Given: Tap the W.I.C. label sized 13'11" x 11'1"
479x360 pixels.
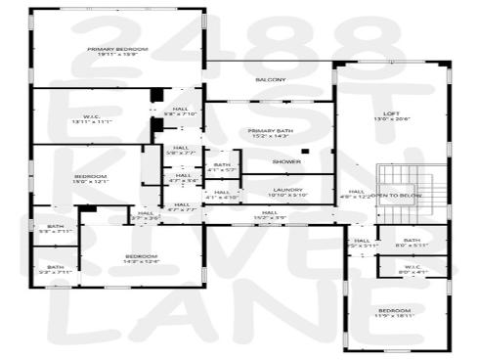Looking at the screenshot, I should pyautogui.click(x=92, y=119).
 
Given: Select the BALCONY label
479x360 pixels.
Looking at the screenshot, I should pyautogui.click(x=270, y=79).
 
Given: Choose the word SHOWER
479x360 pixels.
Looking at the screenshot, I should pyautogui.click(x=286, y=160).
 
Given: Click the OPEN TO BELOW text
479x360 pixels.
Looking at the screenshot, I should pyautogui.click(x=397, y=196).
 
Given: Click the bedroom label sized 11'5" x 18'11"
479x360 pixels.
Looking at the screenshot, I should pyautogui.click(x=396, y=314).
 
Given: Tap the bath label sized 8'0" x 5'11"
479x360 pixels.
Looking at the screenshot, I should pyautogui.click(x=413, y=243).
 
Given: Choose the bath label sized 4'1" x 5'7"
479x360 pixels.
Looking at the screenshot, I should pyautogui.click(x=222, y=168).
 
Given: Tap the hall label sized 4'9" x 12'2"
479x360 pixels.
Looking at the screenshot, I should pyautogui.click(x=356, y=194).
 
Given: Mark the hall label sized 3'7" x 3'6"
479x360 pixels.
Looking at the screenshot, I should pyautogui.click(x=146, y=215).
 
